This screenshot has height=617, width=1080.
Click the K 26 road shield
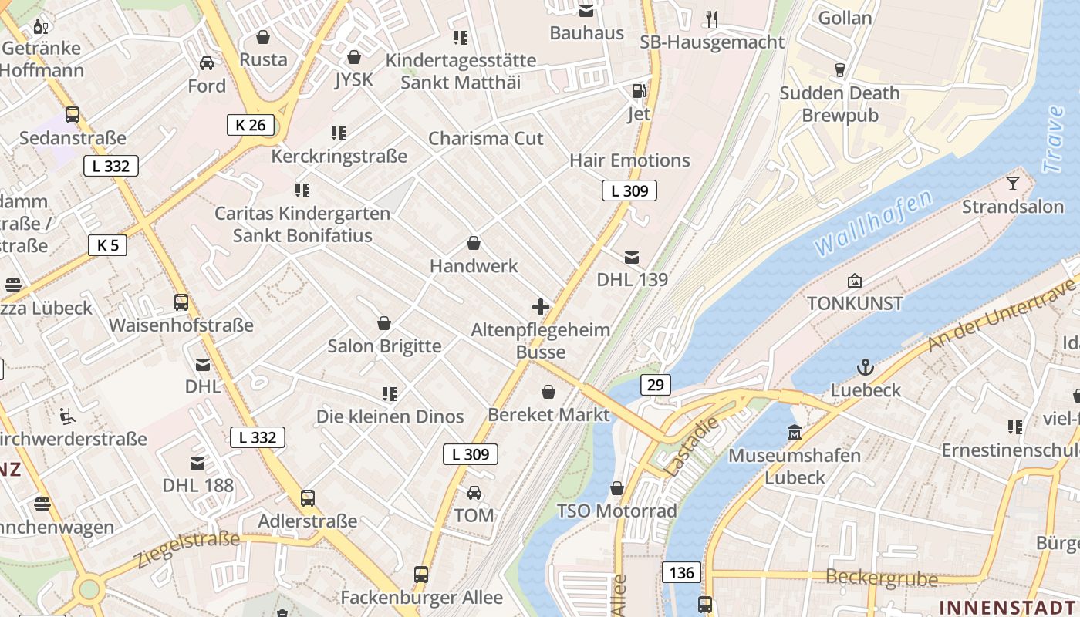(x=251, y=125)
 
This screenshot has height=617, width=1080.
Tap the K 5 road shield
(x=107, y=245)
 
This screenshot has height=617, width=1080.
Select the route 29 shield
(x=655, y=384)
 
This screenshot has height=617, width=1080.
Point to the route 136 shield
(x=681, y=572)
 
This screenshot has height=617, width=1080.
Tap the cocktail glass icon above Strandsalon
(x=1012, y=184)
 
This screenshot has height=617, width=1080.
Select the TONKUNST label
(x=855, y=303)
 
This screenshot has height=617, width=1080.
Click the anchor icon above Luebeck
(x=866, y=367)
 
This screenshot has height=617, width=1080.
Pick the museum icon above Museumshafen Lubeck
(x=795, y=433)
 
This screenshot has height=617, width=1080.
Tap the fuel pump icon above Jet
(x=639, y=91)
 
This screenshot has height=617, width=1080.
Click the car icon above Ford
(x=207, y=63)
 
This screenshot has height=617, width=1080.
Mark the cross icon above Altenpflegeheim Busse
(x=541, y=307)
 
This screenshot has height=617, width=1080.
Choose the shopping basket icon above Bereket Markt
(x=548, y=392)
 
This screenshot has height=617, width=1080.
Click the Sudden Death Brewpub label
(x=839, y=104)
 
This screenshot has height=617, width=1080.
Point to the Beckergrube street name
(x=882, y=578)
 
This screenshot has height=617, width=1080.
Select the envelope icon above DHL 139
(x=632, y=258)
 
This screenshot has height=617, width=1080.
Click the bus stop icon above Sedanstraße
(x=73, y=115)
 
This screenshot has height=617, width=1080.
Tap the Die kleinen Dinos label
(x=390, y=416)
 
